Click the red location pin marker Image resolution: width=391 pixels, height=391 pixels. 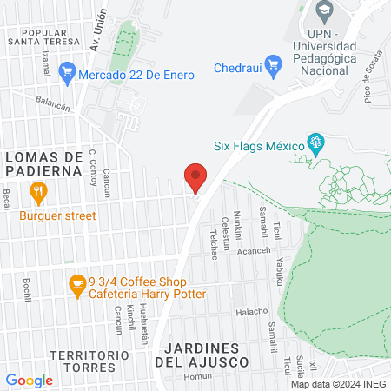click(x=195, y=178)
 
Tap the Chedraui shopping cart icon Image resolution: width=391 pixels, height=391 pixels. click(x=273, y=63)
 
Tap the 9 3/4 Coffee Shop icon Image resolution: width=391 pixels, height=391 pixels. click(x=76, y=282)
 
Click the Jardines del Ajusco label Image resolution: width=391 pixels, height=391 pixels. click(x=202, y=353)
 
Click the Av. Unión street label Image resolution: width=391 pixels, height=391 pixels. click(x=99, y=30)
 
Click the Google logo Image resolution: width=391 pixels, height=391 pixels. click(x=29, y=380)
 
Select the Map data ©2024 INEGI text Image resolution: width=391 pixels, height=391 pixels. click(x=339, y=384)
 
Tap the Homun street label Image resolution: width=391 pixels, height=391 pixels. click(x=198, y=376)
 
